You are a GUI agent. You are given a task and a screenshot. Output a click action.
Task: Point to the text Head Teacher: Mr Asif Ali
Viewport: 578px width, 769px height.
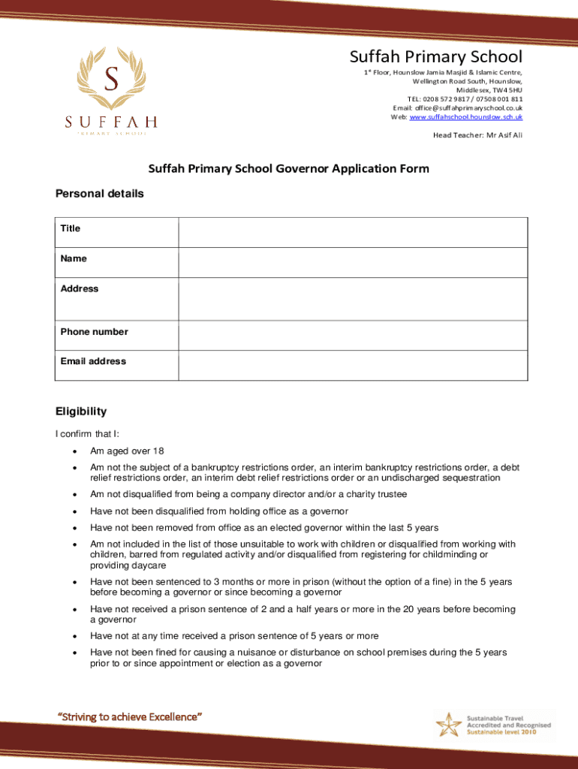pyautogui.click(x=477, y=135)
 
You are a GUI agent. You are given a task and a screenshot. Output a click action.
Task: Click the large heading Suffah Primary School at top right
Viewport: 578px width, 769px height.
pyautogui.click(x=435, y=57)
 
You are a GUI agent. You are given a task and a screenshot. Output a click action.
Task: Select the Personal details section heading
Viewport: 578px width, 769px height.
pyautogui.click(x=99, y=194)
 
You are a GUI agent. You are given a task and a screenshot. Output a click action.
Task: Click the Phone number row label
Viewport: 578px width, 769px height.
pyautogui.click(x=94, y=332)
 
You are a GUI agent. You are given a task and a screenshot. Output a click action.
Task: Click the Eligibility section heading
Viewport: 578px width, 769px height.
pyautogui.click(x=81, y=412)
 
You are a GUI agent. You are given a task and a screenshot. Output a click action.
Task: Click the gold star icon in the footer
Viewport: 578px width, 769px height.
pyautogui.click(x=449, y=725)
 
